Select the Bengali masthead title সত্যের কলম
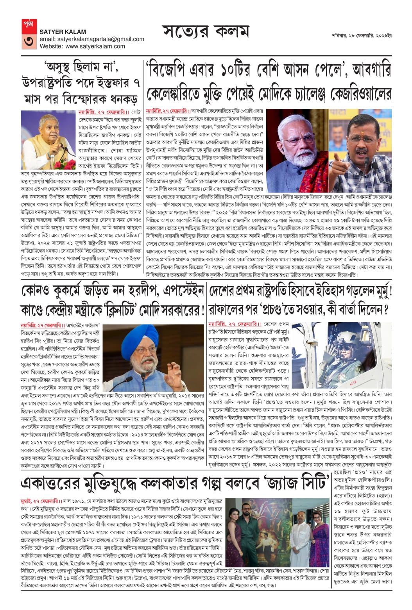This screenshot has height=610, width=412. (x=205, y=33)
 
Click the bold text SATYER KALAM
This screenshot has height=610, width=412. (x=63, y=32)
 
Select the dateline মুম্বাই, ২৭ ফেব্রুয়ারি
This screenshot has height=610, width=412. (x=41, y=501)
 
